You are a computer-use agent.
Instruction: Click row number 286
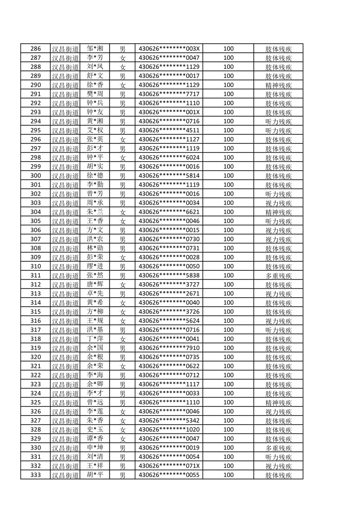click(35, 49)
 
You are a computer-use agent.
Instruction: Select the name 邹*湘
click(95, 49)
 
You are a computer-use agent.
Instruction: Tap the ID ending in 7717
click(169, 94)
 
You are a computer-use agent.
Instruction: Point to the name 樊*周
click(95, 94)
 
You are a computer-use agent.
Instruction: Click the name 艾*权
click(95, 130)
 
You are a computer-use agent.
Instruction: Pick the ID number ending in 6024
click(169, 157)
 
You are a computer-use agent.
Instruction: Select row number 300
click(35, 176)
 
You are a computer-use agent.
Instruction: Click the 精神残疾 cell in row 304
click(278, 212)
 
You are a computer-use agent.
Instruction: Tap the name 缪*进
click(95, 266)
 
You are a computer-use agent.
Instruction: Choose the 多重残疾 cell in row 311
click(278, 275)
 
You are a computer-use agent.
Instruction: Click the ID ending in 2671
click(169, 294)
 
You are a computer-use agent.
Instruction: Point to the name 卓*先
click(95, 294)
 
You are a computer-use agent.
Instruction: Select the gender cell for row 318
click(122, 339)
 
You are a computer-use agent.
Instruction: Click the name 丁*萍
click(95, 339)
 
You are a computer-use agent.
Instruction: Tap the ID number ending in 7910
click(169, 348)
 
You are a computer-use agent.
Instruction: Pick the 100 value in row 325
click(228, 402)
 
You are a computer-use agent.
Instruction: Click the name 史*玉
click(95, 430)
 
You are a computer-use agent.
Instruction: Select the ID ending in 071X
click(169, 466)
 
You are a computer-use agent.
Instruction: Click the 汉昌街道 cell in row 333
click(65, 475)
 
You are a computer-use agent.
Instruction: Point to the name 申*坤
click(95, 448)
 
